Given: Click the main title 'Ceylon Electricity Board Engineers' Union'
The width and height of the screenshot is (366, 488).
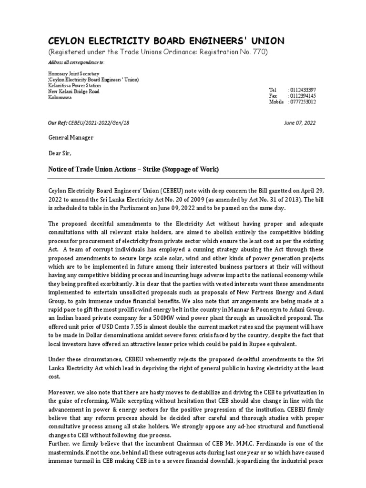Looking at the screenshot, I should (x=166, y=41).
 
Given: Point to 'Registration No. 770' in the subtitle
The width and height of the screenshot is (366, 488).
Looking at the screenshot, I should (x=234, y=52).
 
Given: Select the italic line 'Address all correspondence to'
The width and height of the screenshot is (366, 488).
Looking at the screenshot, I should (x=76, y=62).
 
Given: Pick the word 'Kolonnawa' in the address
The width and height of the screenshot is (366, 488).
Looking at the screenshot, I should (x=60, y=97).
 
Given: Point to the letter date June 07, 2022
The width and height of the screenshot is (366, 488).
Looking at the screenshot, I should (x=299, y=122).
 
